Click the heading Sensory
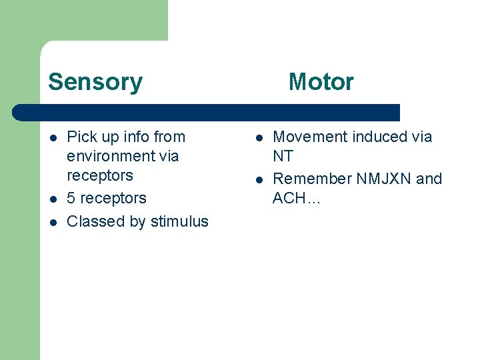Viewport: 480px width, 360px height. pyautogui.click(x=95, y=82)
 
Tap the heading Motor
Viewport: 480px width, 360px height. pyautogui.click(x=321, y=82)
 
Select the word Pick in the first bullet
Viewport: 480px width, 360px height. pyautogui.click(x=82, y=137)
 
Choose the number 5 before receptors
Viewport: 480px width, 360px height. pyautogui.click(x=71, y=199)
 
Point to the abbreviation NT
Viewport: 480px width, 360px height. pyautogui.click(x=283, y=156)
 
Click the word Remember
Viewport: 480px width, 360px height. pyautogui.click(x=311, y=179)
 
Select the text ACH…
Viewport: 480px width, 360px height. pyautogui.click(x=297, y=198)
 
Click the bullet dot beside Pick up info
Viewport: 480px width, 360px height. pyautogui.click(x=53, y=138)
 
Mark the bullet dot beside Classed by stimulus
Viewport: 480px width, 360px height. pyautogui.click(x=53, y=222)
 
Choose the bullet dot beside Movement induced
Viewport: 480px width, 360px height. pyautogui.click(x=259, y=138)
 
